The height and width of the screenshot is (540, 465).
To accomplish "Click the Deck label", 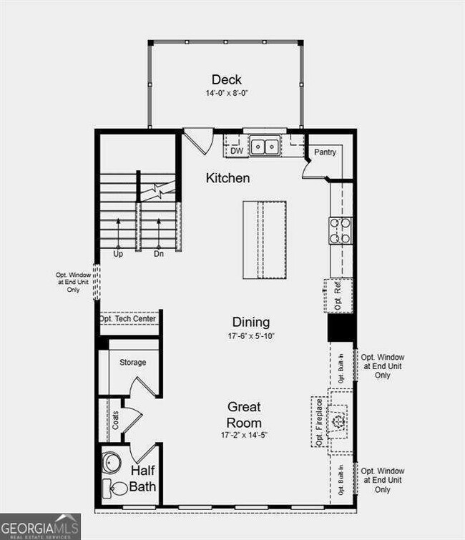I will (x=226, y=79).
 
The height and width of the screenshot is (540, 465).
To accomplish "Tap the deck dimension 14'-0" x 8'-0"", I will (x=226, y=93).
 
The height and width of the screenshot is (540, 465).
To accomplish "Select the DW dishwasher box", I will (x=235, y=151).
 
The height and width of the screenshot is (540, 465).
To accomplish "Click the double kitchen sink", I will (x=264, y=147).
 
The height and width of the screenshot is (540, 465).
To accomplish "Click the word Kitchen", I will (x=227, y=177).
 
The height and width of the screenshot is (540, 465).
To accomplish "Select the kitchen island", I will (x=264, y=240).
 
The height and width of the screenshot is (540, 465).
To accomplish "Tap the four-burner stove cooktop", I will (x=340, y=230).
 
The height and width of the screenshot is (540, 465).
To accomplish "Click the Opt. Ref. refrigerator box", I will (x=337, y=295).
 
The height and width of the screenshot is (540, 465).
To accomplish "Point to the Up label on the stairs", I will (x=117, y=253).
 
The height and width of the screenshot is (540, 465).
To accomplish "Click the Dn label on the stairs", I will (x=158, y=253).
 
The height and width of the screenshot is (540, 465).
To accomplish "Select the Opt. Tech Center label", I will (x=129, y=318).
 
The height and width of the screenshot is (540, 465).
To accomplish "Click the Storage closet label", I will (x=132, y=363).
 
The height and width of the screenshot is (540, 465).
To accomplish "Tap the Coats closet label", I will (x=115, y=419).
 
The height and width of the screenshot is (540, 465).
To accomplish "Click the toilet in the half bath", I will (x=111, y=488).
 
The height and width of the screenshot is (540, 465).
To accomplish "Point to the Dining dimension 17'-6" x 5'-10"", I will (x=250, y=335).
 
